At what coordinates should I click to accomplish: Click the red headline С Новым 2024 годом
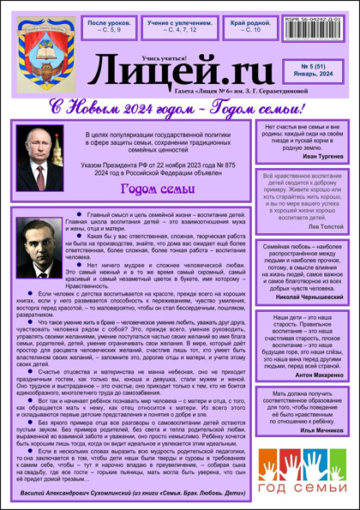pos(184,109)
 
